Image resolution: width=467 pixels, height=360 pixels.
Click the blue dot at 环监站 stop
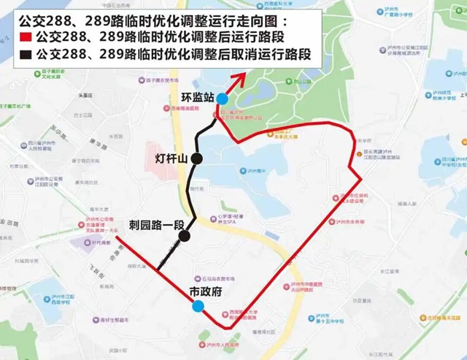coord(221,98)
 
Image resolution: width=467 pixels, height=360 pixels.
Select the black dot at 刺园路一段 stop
coord(185,235)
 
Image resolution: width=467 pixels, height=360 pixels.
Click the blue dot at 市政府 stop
coord(198,307)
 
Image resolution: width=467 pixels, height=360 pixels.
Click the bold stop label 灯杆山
coord(171,158)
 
